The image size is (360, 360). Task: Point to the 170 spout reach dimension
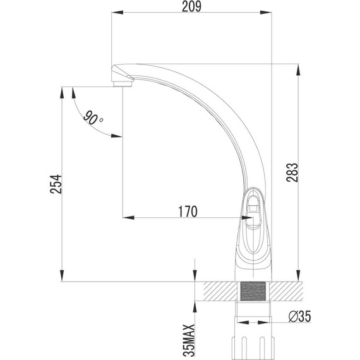tap(188, 210)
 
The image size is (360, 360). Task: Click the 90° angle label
tap(93, 118)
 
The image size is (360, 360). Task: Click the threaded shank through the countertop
tap(253, 292)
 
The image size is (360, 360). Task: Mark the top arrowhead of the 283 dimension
tap(297, 69)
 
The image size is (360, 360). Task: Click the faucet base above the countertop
tap(253, 265)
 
